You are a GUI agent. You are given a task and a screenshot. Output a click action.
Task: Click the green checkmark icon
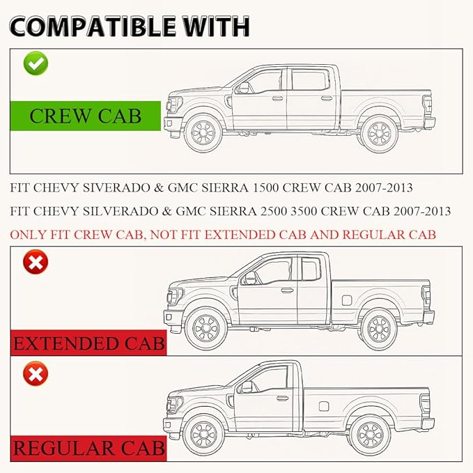pos(36,63)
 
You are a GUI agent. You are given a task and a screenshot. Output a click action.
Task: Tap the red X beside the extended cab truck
pos(36,262)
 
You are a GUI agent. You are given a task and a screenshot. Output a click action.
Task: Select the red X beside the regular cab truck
pos(36,373)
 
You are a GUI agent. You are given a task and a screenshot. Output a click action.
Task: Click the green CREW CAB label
pos(86,116)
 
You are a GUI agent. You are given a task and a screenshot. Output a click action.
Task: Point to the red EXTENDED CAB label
pos(88,343)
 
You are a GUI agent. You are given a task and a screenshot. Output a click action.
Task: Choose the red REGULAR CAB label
pos(88,448)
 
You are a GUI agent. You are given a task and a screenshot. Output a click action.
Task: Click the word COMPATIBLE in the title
pos(93,27)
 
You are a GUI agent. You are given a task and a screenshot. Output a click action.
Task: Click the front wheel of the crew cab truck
pos(203,133)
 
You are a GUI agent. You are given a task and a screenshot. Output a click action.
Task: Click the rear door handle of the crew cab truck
pos(327,98)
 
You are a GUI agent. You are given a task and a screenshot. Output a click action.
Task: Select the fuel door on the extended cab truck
pos(347,300)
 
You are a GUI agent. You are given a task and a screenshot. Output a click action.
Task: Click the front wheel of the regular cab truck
pos(203,435)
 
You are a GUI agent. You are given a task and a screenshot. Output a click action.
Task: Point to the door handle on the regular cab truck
pos(282,398)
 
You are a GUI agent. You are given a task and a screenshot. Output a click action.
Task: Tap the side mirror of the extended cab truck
pos(250,278)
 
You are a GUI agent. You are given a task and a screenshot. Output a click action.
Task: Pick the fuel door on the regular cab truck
pos(324,406)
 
